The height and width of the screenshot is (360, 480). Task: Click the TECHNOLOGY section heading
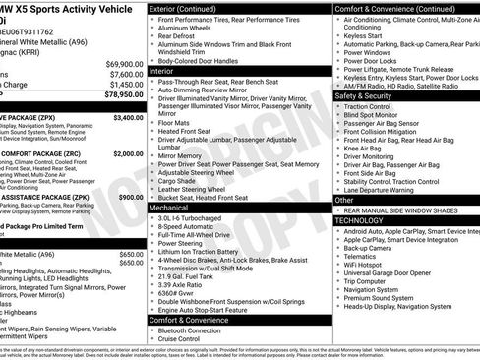[365, 220]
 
